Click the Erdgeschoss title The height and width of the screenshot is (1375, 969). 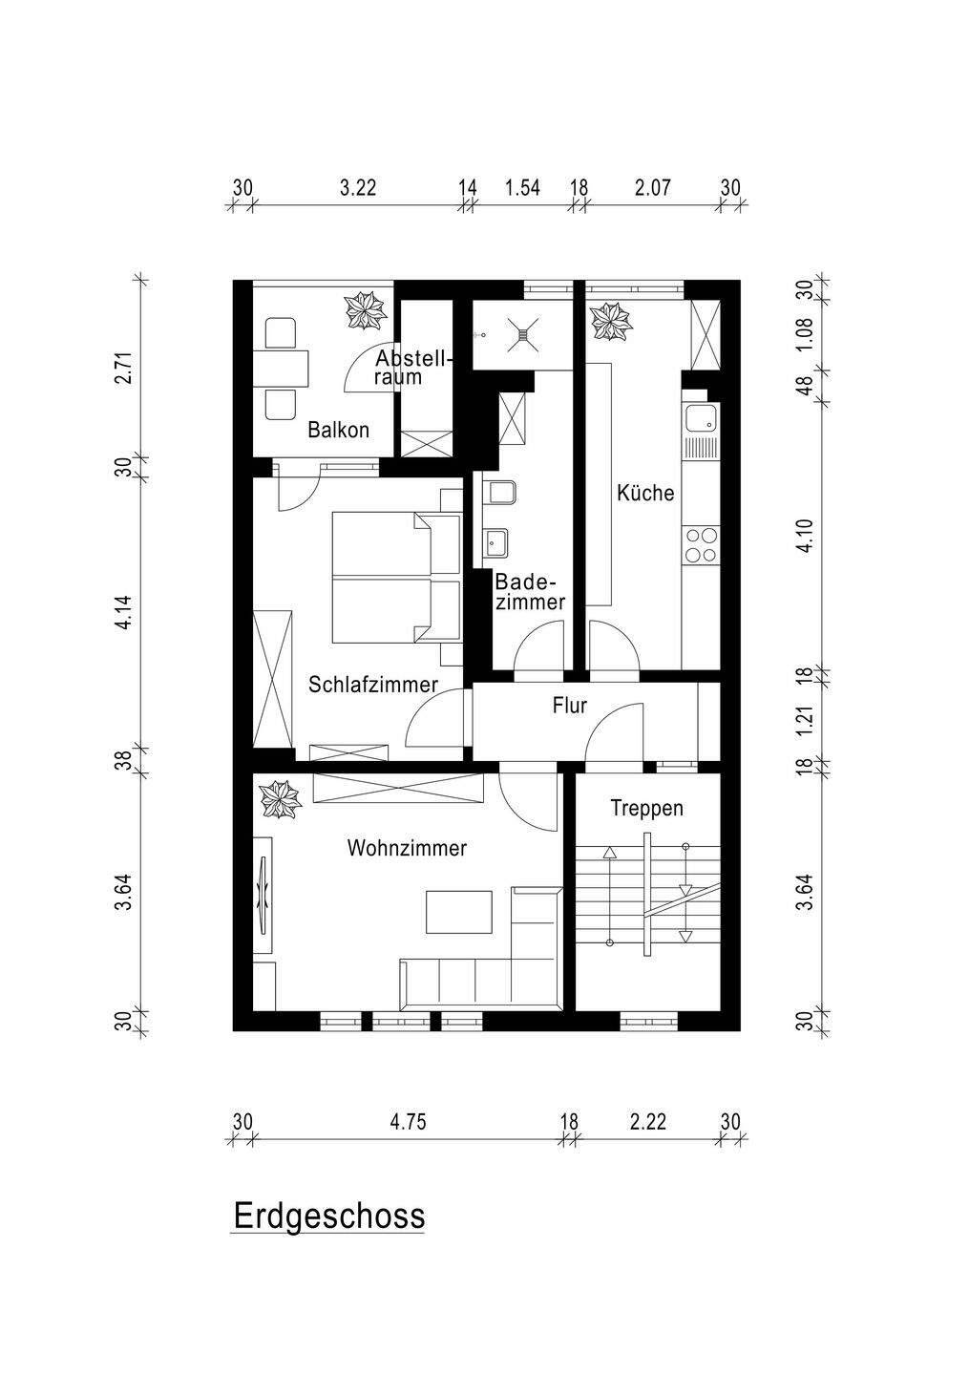click(329, 1216)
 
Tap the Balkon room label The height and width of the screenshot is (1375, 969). click(338, 430)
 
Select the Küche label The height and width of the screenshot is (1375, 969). click(645, 493)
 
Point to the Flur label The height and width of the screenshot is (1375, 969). click(569, 707)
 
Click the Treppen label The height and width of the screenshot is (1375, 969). click(647, 808)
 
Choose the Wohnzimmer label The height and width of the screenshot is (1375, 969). click(407, 848)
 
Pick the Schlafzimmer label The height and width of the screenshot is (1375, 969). click(373, 685)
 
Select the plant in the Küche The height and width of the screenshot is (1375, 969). click(611, 321)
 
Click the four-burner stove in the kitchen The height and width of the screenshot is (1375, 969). click(701, 544)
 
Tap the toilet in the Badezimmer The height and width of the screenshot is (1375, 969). click(500, 494)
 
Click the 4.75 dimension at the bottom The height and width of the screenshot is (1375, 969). click(408, 1121)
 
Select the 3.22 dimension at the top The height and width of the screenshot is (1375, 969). click(358, 187)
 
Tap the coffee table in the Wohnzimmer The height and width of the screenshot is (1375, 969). click(459, 911)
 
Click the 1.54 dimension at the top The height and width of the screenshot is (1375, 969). click(522, 187)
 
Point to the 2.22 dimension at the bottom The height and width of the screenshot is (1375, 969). click(647, 1121)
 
